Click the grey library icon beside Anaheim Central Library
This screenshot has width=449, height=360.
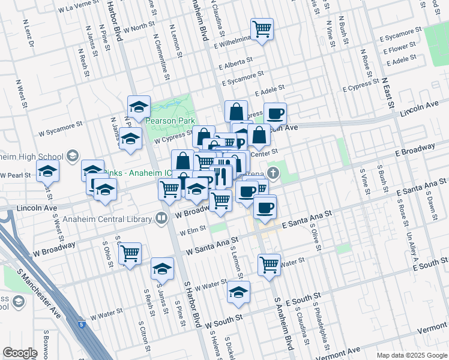(x=161, y=219)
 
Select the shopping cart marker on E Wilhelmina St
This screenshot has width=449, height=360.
(x=262, y=29)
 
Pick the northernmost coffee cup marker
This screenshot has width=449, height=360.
(x=275, y=113)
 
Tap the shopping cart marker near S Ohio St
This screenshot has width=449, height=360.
(x=130, y=254)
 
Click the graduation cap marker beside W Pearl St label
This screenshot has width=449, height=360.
(x=48, y=172)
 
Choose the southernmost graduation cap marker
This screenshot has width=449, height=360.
(x=238, y=293)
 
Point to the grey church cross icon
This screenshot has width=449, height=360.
(x=274, y=175)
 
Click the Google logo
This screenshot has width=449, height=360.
(x=20, y=353)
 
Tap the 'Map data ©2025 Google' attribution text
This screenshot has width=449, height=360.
(x=412, y=355)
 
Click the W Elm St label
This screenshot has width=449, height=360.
(x=193, y=229)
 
